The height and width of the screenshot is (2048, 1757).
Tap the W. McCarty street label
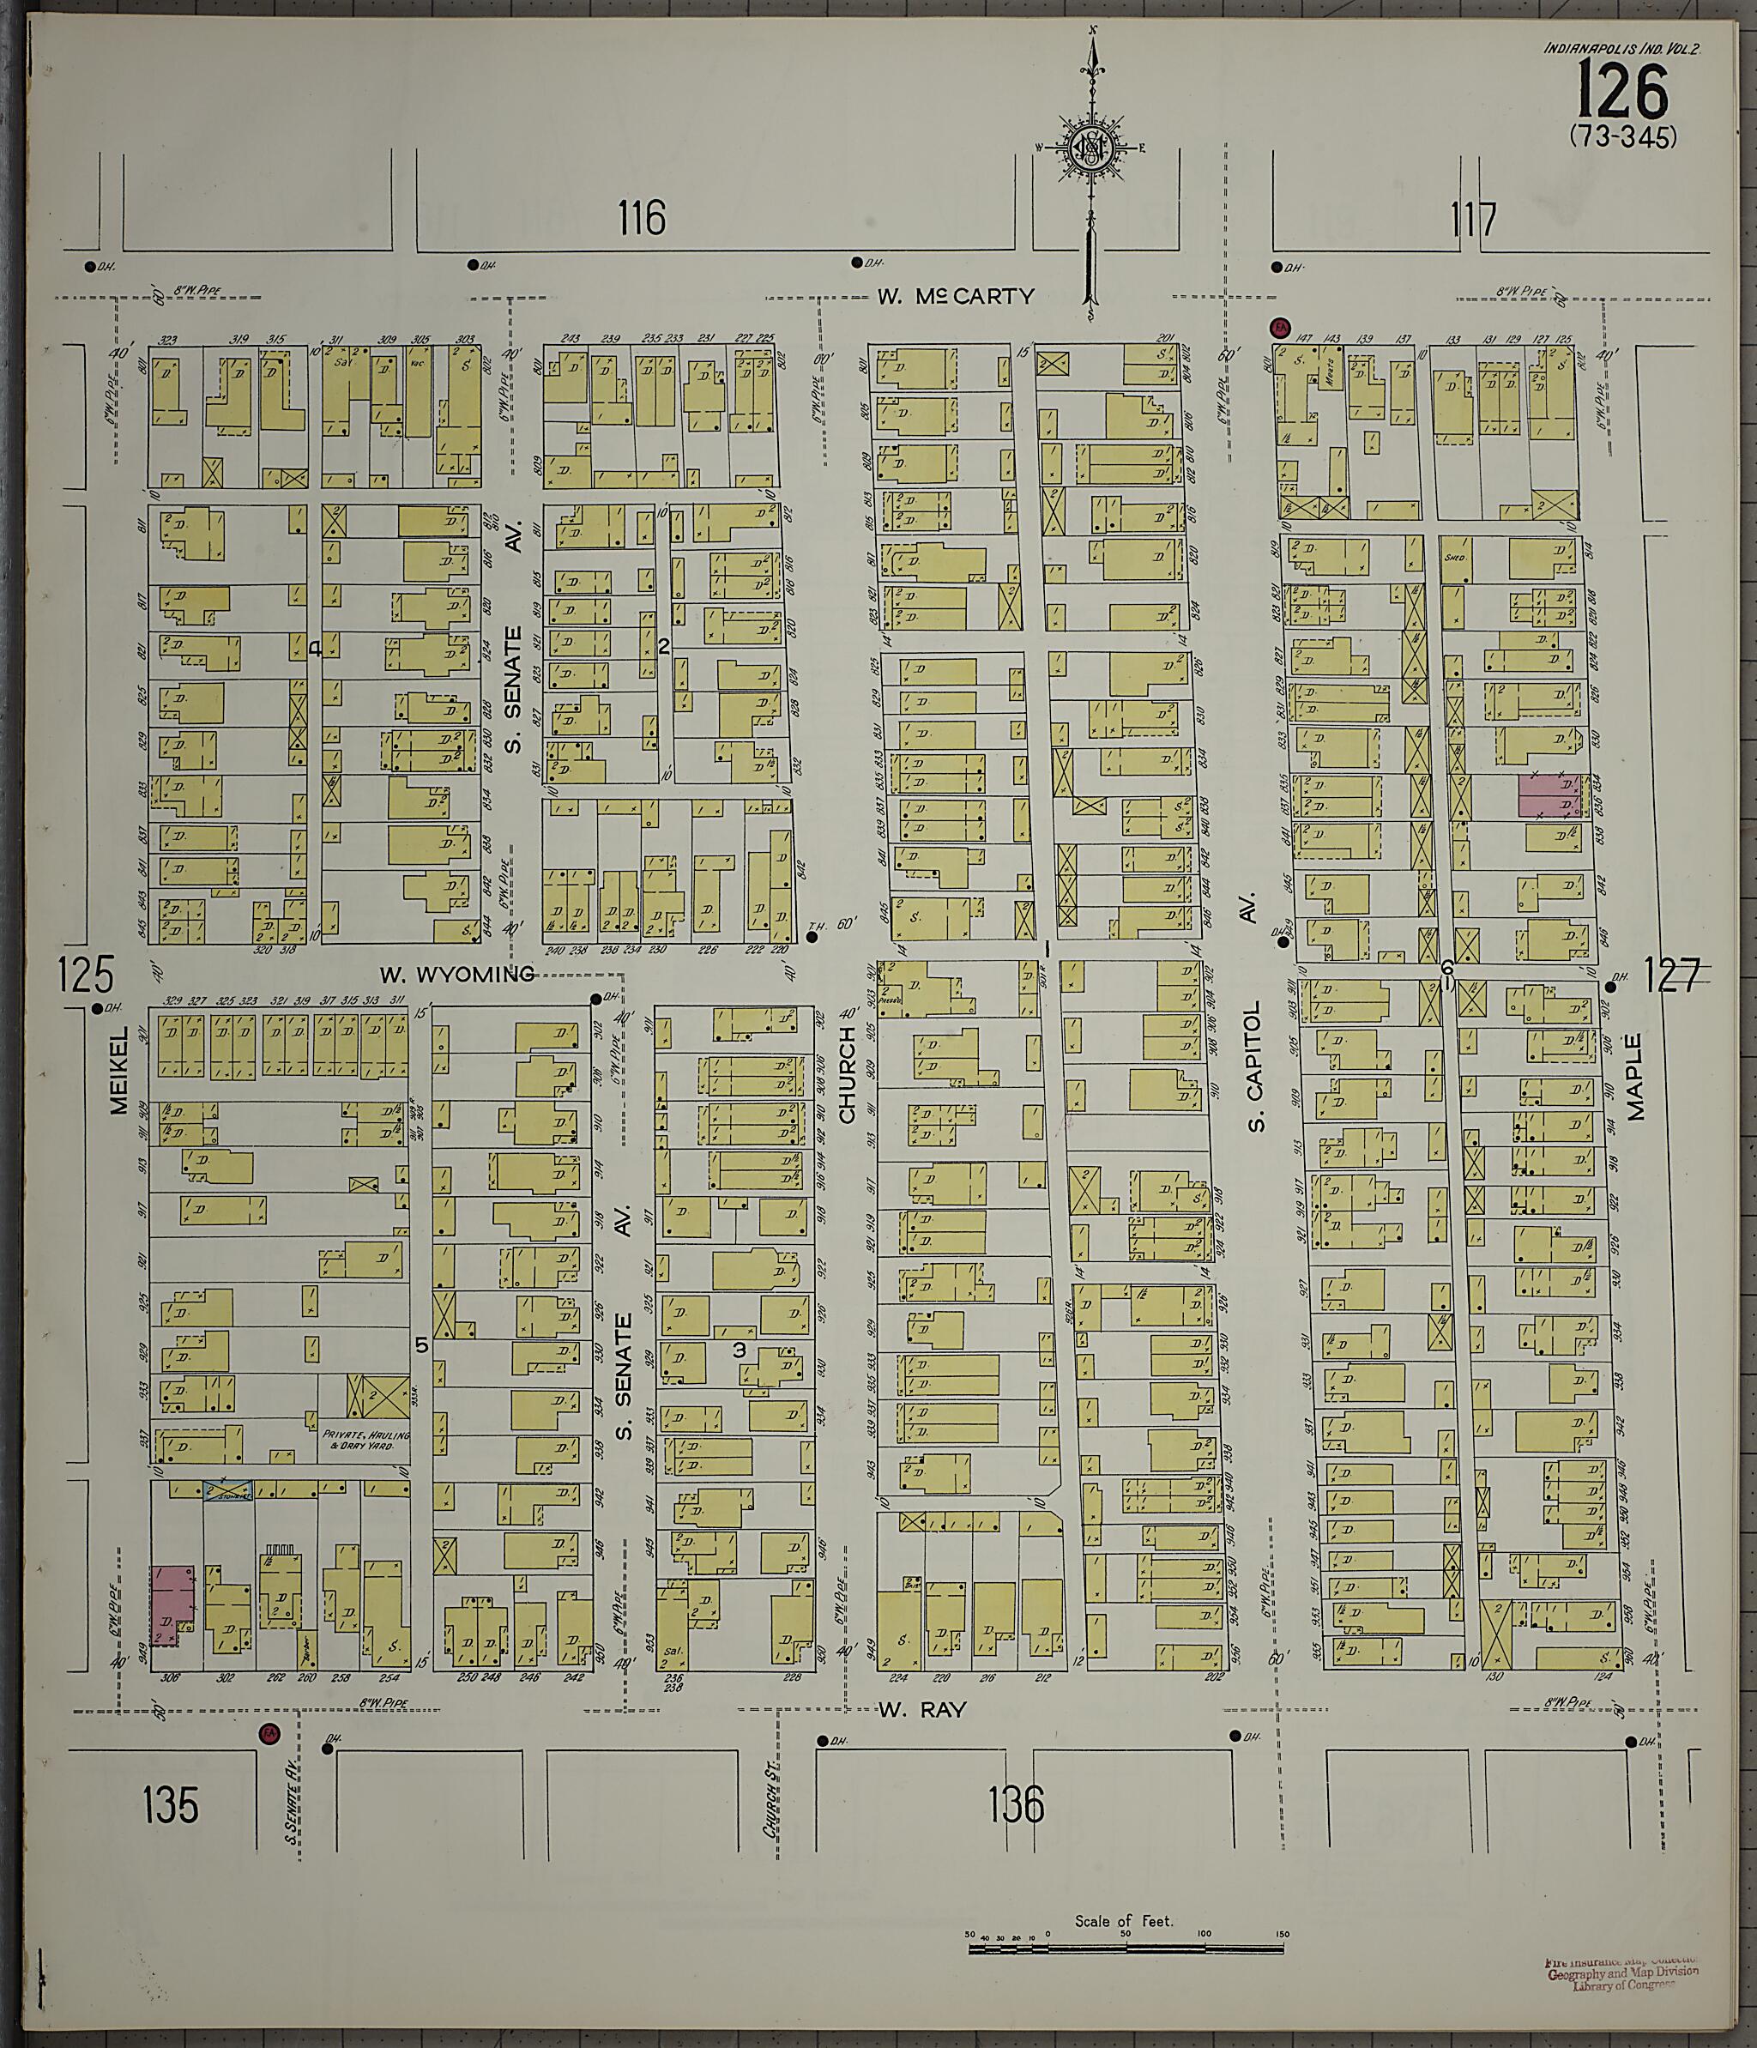956,295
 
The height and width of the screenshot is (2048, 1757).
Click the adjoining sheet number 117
1475,220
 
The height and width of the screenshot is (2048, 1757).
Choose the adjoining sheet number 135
170,1805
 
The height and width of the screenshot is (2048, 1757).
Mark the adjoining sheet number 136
1015,1806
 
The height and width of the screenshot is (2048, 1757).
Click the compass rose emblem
1092,150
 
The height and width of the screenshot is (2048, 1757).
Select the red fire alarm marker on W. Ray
267,1731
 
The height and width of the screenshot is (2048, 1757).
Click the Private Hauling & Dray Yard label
365,1441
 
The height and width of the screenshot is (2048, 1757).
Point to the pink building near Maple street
1549,795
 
